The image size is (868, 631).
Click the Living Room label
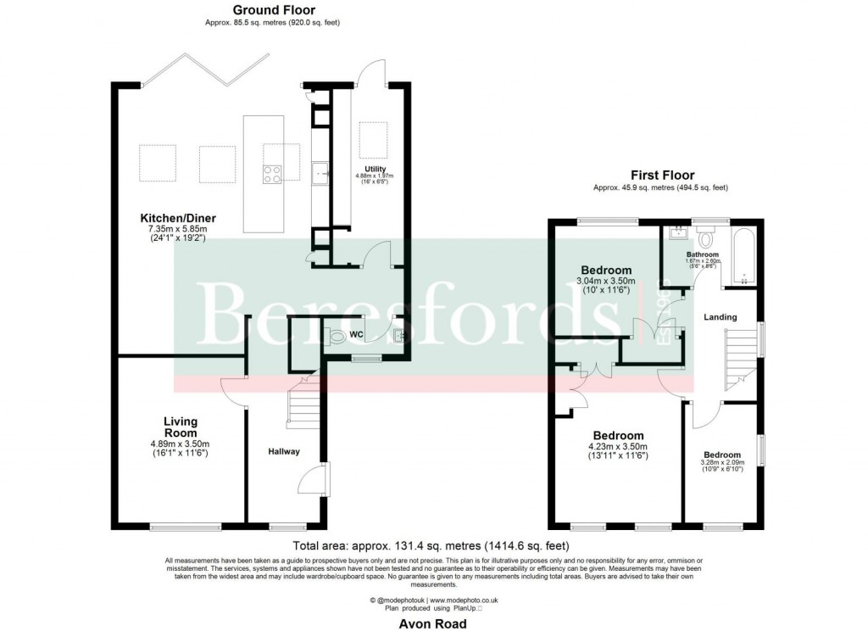tap(180, 427)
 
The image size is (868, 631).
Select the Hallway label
tap(284, 451)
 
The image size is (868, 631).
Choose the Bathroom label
tap(703, 254)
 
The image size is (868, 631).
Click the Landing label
tap(721, 317)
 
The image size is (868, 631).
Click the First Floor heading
tap(662, 176)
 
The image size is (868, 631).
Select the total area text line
tap(431, 546)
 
